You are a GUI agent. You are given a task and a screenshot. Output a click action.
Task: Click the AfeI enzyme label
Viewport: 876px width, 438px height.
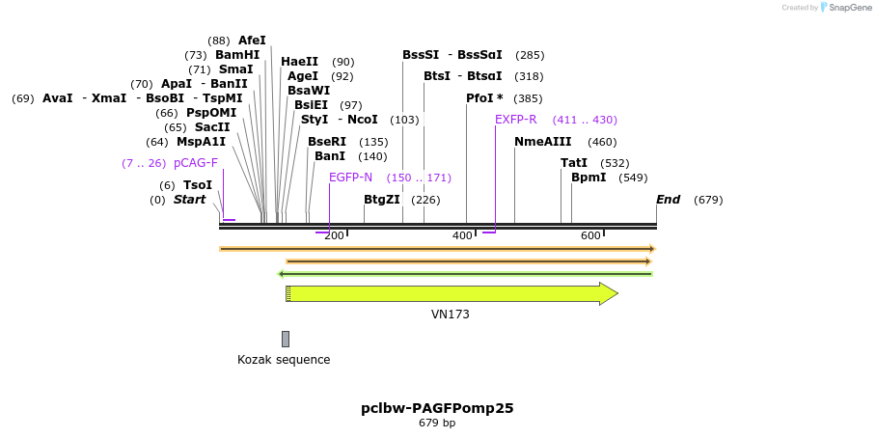click(252, 41)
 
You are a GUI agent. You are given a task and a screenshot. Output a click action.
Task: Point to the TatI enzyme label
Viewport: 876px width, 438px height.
click(574, 163)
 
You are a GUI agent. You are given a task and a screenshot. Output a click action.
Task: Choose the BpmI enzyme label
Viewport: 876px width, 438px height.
click(589, 178)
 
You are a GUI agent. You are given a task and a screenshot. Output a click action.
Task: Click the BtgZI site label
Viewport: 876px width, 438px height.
click(382, 200)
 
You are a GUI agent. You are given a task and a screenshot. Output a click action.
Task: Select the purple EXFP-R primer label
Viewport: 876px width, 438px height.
click(515, 120)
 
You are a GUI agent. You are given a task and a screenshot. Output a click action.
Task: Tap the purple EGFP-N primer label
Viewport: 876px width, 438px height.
click(350, 178)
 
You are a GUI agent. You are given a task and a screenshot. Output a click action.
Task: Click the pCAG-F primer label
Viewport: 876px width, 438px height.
click(196, 163)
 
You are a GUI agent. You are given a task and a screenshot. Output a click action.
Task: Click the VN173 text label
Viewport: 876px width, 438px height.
click(451, 315)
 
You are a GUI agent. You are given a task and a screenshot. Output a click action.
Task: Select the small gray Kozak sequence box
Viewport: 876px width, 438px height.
click(286, 339)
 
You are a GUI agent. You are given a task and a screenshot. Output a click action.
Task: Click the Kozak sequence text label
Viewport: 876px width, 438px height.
click(284, 360)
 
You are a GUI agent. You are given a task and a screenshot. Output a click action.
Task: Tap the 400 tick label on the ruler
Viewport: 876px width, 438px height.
click(462, 235)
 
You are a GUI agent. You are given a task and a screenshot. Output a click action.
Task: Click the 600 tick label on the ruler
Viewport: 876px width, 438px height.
click(590, 235)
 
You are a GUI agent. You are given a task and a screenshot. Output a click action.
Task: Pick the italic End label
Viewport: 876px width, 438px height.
click(668, 200)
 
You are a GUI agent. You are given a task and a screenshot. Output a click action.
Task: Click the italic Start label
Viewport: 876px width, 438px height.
click(190, 200)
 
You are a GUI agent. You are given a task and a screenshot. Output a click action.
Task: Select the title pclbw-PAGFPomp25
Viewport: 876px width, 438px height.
click(437, 408)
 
